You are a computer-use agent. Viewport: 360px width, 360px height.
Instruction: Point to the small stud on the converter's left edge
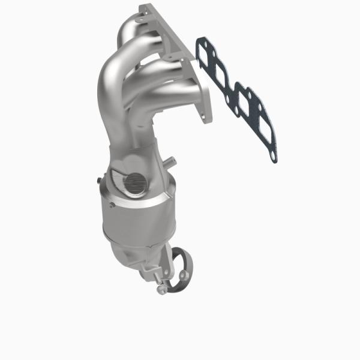click(x=97, y=178)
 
